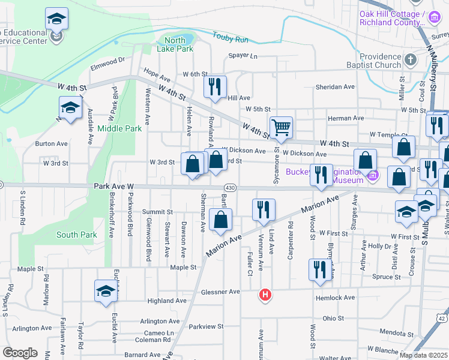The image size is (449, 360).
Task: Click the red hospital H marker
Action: coord(264,295)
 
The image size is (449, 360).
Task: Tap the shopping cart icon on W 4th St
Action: coord(281,127)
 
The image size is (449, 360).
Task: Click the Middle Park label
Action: coord(119,128)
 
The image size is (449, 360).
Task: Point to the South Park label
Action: coord(76,235)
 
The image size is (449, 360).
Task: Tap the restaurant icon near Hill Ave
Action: coord(214,86)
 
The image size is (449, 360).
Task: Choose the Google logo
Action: coord(20,353)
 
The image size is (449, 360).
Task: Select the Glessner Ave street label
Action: coord(221,292)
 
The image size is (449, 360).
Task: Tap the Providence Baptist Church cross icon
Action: coord(410,59)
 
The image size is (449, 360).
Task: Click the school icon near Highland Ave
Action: coord(106,291)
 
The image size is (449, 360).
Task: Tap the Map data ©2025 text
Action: coord(423,355)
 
